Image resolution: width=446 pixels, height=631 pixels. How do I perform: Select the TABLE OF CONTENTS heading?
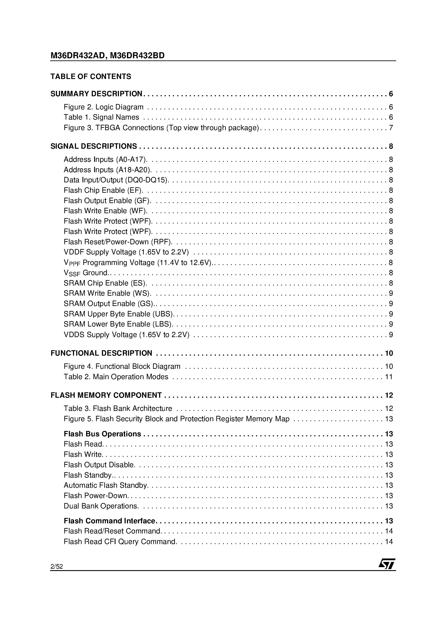91,76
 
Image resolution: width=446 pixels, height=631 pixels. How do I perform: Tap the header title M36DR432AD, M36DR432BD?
108,55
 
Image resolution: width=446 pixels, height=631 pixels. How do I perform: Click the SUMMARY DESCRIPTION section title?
96,94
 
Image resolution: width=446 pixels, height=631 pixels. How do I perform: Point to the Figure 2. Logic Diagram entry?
104,107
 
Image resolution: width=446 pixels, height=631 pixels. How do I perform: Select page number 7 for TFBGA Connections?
391,128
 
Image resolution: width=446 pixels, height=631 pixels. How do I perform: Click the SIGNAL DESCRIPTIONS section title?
94,146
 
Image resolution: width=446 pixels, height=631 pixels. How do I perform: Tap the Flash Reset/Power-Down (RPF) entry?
118,242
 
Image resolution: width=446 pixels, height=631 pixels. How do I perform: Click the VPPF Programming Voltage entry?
138,263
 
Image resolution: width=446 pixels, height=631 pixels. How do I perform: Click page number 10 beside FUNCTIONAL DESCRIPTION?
389,353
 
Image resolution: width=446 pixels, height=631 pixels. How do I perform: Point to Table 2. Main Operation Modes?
116,377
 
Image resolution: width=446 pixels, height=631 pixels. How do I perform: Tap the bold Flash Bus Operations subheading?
102,434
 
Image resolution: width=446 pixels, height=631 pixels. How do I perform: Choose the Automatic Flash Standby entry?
106,485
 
